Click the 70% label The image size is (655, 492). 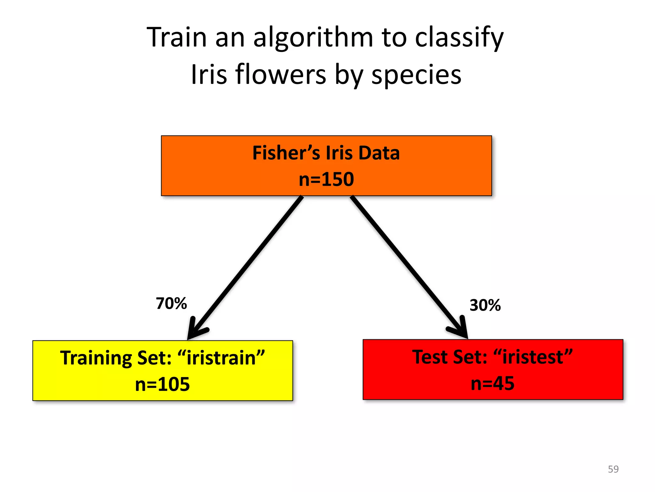[x=171, y=303]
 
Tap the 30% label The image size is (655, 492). [x=485, y=305]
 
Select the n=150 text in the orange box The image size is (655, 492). [x=326, y=179]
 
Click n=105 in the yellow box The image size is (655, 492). [x=162, y=384]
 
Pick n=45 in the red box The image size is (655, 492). [x=493, y=383]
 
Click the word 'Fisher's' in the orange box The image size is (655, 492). [x=286, y=153]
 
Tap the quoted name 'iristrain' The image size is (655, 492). [x=221, y=358]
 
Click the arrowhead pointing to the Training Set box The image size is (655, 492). [x=196, y=330]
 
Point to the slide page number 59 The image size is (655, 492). [x=613, y=469]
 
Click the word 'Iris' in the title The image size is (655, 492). [x=204, y=75]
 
